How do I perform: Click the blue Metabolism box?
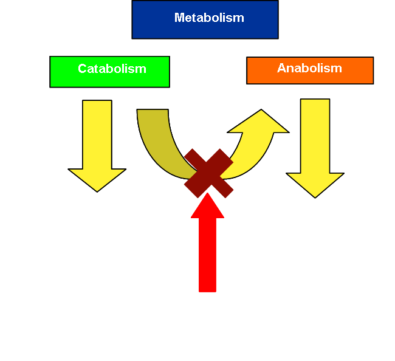(205, 19)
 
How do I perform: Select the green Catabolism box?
(109, 71)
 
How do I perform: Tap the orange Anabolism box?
(310, 70)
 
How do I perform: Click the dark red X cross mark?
(208, 173)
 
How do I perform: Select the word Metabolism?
(209, 18)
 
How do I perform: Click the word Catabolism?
(112, 69)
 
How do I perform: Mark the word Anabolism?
(309, 68)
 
